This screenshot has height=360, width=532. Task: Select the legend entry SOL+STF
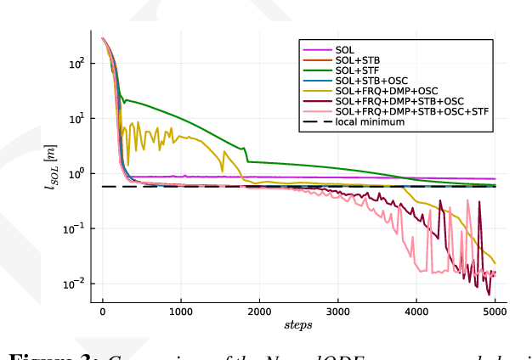pyautogui.click(x=357, y=72)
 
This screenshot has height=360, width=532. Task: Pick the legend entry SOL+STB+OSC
pyautogui.click(x=372, y=82)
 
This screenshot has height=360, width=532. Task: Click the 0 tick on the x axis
pyautogui.click(x=103, y=312)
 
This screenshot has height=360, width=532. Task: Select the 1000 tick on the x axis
pyautogui.click(x=181, y=312)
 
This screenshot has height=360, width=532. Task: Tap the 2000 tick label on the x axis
pyautogui.click(x=259, y=312)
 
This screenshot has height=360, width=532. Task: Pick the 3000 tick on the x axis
pyautogui.click(x=337, y=312)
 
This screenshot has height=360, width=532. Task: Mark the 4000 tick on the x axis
pyautogui.click(x=416, y=312)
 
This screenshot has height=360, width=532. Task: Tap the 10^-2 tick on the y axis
pyautogui.click(x=74, y=283)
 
